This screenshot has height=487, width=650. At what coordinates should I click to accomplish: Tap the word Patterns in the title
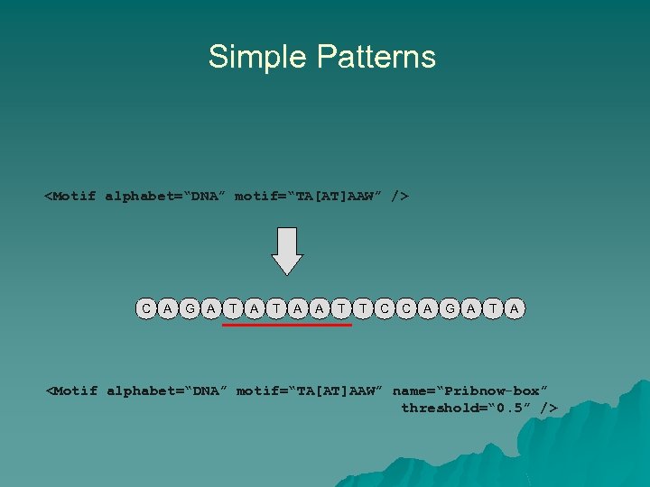[x=376, y=57]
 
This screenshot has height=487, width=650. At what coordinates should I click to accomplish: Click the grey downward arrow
[x=287, y=251]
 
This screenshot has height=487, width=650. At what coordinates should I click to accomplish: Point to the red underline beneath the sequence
[x=287, y=325]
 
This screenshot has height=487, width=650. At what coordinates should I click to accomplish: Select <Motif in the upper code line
[x=70, y=195]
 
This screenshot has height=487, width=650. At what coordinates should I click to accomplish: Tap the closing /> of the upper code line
[x=400, y=195]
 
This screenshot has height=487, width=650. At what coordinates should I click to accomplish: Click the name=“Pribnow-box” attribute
[x=469, y=391]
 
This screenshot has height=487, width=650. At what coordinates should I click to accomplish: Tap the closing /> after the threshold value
[x=548, y=409]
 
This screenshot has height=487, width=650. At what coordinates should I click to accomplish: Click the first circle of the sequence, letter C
[x=146, y=308]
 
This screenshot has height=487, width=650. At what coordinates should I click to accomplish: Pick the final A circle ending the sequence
[x=515, y=308]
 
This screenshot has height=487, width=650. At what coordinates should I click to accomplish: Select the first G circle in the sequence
[x=190, y=308]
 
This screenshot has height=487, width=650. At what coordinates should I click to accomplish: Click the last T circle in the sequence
[x=493, y=308]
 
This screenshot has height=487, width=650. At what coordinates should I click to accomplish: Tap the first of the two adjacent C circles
[x=385, y=308]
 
